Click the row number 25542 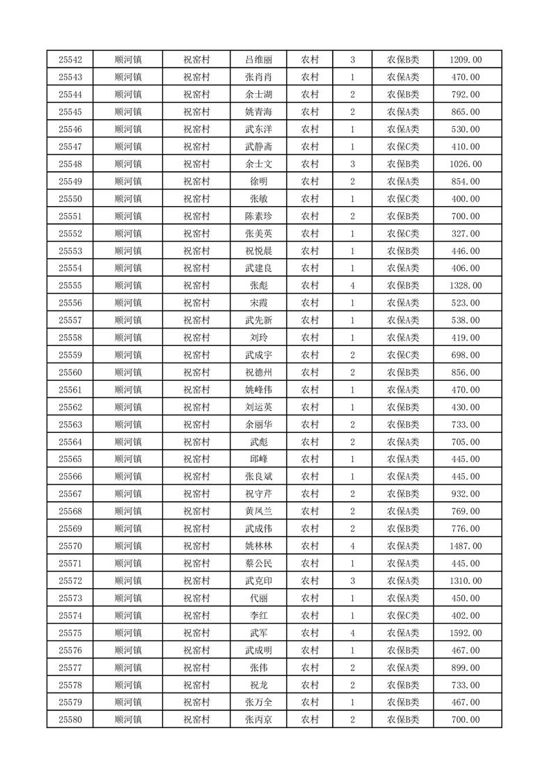pyautogui.click(x=70, y=60)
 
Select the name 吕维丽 pyautogui.click(x=258, y=60)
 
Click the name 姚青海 pyautogui.click(x=258, y=112)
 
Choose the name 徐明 pyautogui.click(x=258, y=182)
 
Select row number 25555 pyautogui.click(x=70, y=285)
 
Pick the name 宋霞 pyautogui.click(x=258, y=303)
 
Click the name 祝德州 pyautogui.click(x=258, y=372)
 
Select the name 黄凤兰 pyautogui.click(x=258, y=512)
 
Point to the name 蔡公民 pyautogui.click(x=258, y=564)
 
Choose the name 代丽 pyautogui.click(x=258, y=598)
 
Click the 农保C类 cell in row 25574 pyautogui.click(x=403, y=615)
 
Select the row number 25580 pyautogui.click(x=70, y=720)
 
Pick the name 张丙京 pyautogui.click(x=258, y=720)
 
